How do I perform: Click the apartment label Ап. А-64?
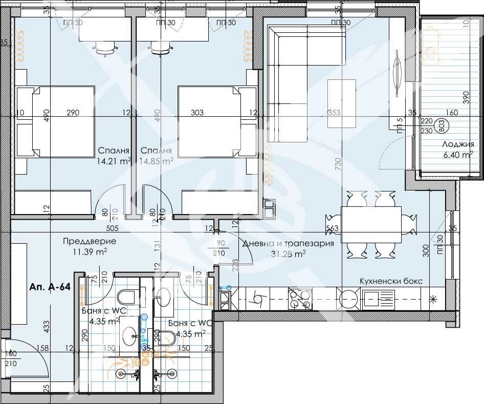[x=50, y=287]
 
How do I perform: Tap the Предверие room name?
[x=90, y=241]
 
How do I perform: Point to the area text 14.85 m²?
[x=157, y=160]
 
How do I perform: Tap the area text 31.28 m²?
[x=289, y=253]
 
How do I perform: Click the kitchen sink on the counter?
[x=378, y=299]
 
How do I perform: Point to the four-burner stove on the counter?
[x=299, y=299]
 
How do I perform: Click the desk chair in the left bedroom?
[x=106, y=48]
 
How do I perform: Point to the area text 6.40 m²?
[x=456, y=155]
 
